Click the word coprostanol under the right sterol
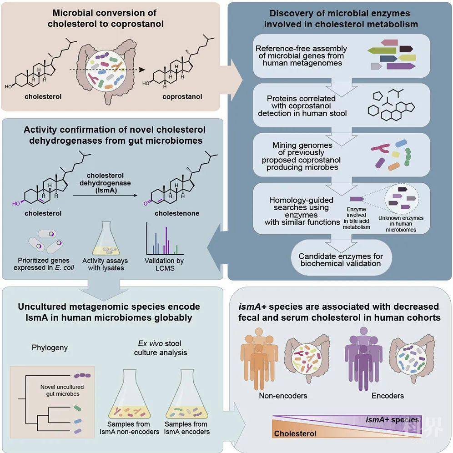[x=182, y=96]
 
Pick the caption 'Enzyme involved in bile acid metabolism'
[x=356, y=217]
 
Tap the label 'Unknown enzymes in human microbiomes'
[x=401, y=224]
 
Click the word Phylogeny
[x=50, y=347]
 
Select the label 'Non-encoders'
[x=283, y=396]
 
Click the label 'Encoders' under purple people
[x=388, y=396]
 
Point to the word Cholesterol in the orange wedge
[x=295, y=433]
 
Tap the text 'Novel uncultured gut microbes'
[x=60, y=390]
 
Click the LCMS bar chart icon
[x=163, y=240]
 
